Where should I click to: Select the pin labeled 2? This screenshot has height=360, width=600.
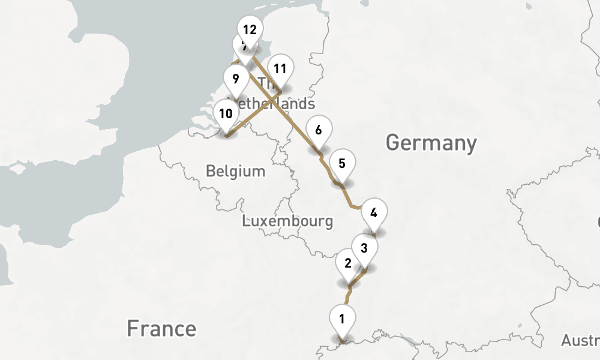(x=347, y=264)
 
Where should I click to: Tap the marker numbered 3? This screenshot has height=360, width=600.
(x=364, y=247)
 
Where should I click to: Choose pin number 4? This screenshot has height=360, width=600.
(x=374, y=214)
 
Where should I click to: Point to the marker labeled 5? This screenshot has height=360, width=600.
(x=342, y=164)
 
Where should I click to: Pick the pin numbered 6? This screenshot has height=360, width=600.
(x=318, y=131)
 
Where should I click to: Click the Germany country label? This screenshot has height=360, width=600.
(x=431, y=143)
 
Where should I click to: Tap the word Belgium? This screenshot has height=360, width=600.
(x=235, y=171)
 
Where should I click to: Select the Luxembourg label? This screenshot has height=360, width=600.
(x=287, y=221)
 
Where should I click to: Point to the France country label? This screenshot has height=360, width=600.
(x=161, y=329)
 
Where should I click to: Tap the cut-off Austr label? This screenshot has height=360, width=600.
(x=580, y=341)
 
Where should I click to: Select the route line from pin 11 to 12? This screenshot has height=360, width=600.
(x=266, y=77)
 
